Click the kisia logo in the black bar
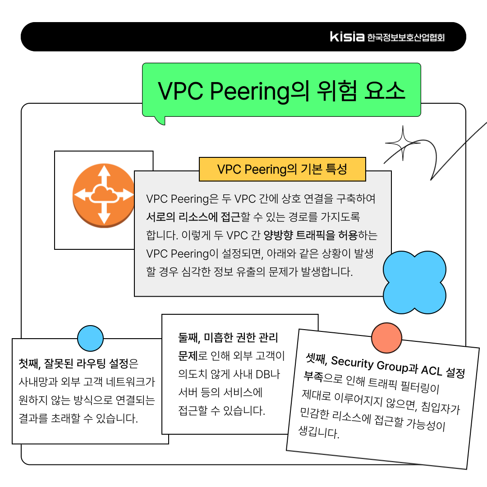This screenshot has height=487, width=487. tap(347, 37)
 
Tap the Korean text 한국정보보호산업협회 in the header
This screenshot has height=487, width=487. tap(406, 37)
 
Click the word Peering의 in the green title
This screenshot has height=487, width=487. tap(259, 91)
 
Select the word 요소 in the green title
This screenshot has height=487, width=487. tap(385, 91)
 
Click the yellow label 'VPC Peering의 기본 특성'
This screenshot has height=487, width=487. tap(282, 169)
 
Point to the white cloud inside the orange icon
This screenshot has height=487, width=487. tap(104, 194)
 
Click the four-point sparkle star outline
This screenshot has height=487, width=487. tap(403, 143)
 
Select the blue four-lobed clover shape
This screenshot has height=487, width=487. tap(414, 282)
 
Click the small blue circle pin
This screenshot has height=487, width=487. tap(90, 339)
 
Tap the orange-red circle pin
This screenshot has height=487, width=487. tap(387, 338)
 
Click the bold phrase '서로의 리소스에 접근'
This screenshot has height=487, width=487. tap(193, 217)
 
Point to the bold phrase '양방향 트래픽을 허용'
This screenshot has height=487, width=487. tap(311, 235)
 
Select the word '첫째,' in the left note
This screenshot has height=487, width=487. tap(30, 363)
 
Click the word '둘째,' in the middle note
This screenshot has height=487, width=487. tap(189, 338)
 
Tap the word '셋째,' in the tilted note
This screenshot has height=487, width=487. tap(317, 359)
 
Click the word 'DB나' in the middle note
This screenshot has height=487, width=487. tap(268, 374)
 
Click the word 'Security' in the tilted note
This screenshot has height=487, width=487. tap(352, 363)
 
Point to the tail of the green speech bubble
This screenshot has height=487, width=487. tap(160, 120)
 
